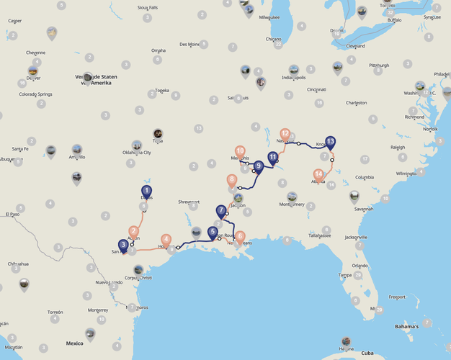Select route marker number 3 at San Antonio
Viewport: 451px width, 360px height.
pos(123,246)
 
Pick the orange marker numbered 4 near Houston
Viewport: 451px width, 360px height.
pos(166,240)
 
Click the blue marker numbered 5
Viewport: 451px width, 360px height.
pos(213,233)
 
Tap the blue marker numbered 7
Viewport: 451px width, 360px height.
pos(221,211)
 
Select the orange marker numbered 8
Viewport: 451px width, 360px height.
pos(232,180)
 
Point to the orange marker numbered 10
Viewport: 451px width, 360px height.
pos(240,151)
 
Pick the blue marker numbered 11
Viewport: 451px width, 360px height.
pos(272,158)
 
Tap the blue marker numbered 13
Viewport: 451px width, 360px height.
pos(330,141)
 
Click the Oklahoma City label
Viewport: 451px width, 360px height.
pos(137,153)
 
